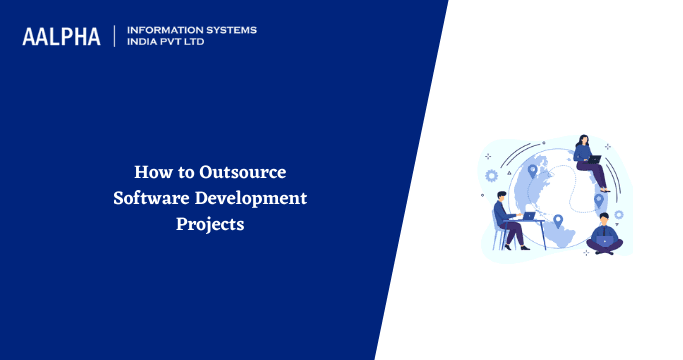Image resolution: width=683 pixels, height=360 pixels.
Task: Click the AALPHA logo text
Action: pyautogui.click(x=61, y=37)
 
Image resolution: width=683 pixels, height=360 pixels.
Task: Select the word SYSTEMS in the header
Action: pyautogui.click(x=229, y=30)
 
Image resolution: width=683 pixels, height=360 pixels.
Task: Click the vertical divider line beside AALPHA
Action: pyautogui.click(x=115, y=37)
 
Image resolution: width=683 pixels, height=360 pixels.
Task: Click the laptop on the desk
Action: pyautogui.click(x=528, y=215)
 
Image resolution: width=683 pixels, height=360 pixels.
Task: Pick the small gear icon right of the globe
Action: pyautogui.click(x=619, y=213)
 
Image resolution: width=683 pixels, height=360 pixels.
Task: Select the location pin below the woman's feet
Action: pyautogui.click(x=599, y=199)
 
